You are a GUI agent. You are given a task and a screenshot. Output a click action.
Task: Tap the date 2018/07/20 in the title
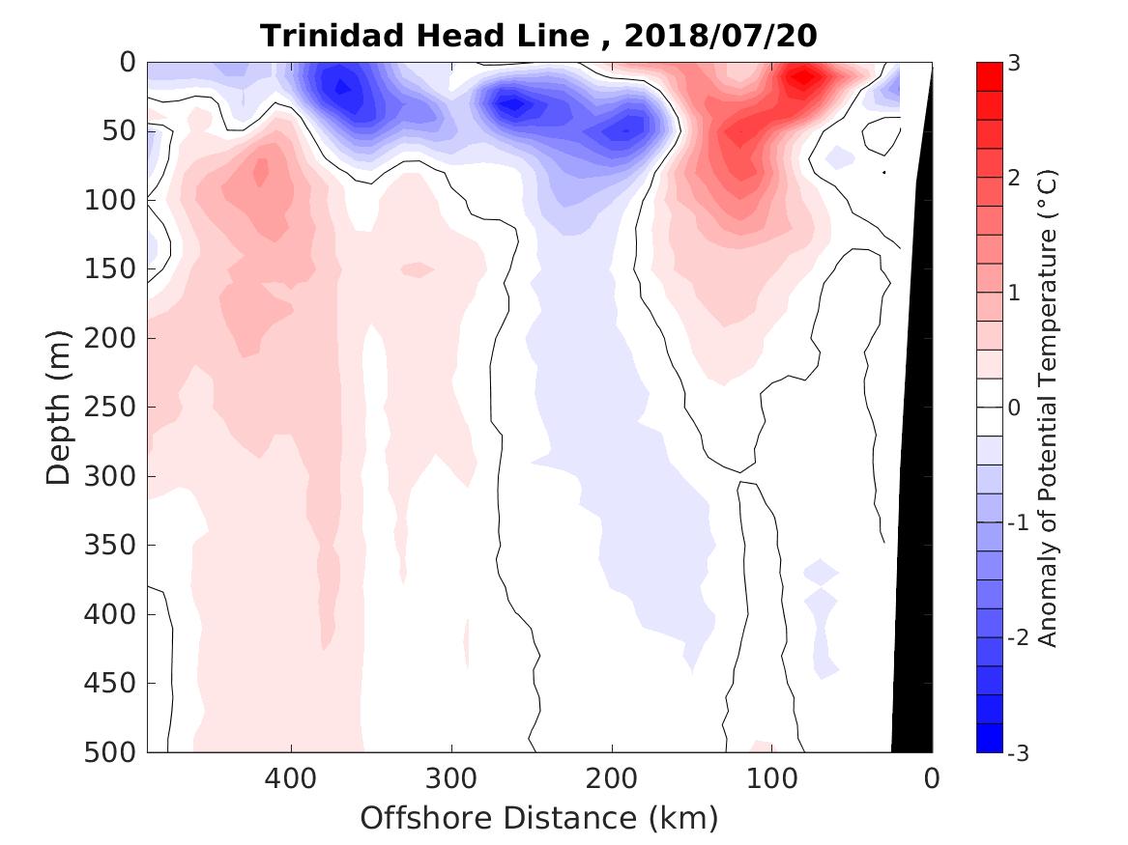click(720, 36)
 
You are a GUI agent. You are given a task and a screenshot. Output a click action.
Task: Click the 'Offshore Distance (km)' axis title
click(539, 818)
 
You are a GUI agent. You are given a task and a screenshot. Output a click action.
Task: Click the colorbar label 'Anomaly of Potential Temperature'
click(1049, 407)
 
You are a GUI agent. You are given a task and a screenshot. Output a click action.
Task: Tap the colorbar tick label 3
click(1013, 63)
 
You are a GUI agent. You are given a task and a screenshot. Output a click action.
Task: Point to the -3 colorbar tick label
click(1018, 752)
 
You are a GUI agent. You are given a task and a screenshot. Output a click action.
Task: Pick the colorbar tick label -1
click(1018, 522)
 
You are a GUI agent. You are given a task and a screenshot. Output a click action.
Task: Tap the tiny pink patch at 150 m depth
click(417, 268)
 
